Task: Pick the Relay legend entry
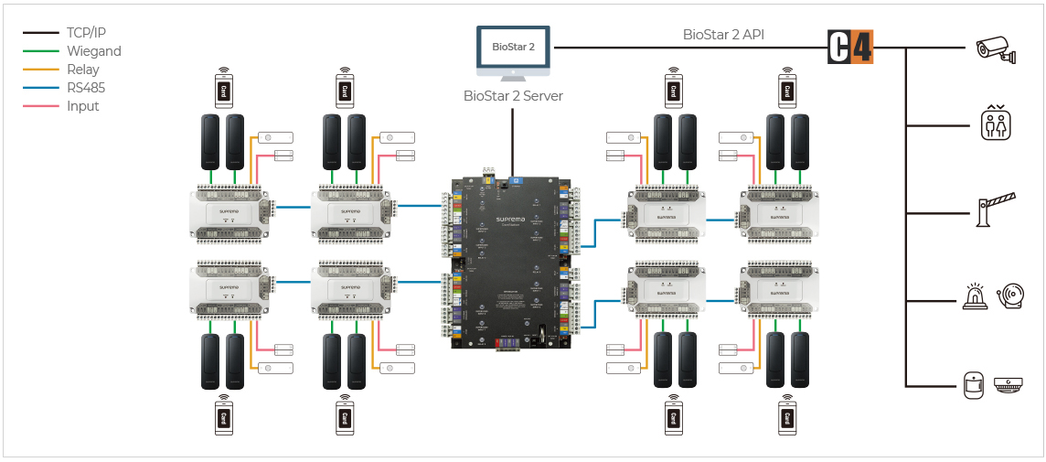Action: [x=82, y=70]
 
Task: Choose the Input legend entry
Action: [x=82, y=106]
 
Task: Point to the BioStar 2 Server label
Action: [x=513, y=95]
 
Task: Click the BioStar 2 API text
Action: [x=723, y=35]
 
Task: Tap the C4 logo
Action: [x=850, y=47]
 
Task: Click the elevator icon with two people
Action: [x=996, y=124]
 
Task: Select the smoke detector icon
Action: [x=1008, y=385]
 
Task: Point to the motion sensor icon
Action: [x=974, y=385]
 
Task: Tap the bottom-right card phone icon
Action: [x=786, y=416]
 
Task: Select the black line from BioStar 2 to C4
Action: [x=686, y=48]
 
